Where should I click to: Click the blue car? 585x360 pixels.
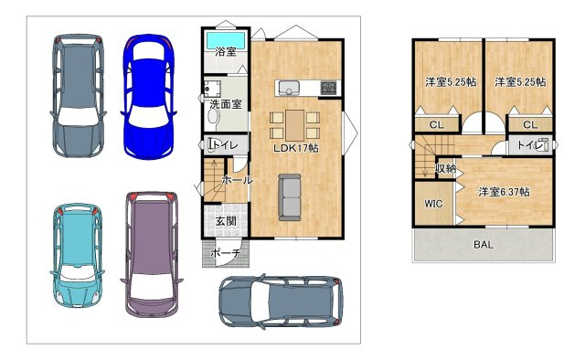tap(148, 97)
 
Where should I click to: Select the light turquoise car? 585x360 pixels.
tap(77, 255)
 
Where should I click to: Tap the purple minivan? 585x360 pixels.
tap(151, 254)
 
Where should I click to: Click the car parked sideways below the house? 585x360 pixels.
tap(281, 302)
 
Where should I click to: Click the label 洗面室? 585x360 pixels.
tap(226, 104)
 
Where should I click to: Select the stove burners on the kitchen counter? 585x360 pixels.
tap(328, 88)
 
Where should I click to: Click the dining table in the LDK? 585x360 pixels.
tap(294, 125)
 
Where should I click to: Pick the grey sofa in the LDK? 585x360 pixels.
tap(290, 197)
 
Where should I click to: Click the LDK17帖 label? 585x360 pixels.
tap(296, 148)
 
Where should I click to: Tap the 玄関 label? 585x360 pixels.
tap(226, 221)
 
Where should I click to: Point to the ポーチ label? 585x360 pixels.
tap(226, 253)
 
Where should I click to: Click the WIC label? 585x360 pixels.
tap(433, 204)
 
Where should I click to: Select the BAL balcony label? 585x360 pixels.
tap(484, 245)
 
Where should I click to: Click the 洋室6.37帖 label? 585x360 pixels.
tap(504, 192)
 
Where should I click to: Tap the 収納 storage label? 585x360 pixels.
tap(446, 169)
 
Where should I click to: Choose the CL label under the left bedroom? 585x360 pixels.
tap(437, 125)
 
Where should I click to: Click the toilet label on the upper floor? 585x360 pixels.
tap(530, 144)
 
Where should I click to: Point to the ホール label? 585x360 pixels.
tap(238, 180)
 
